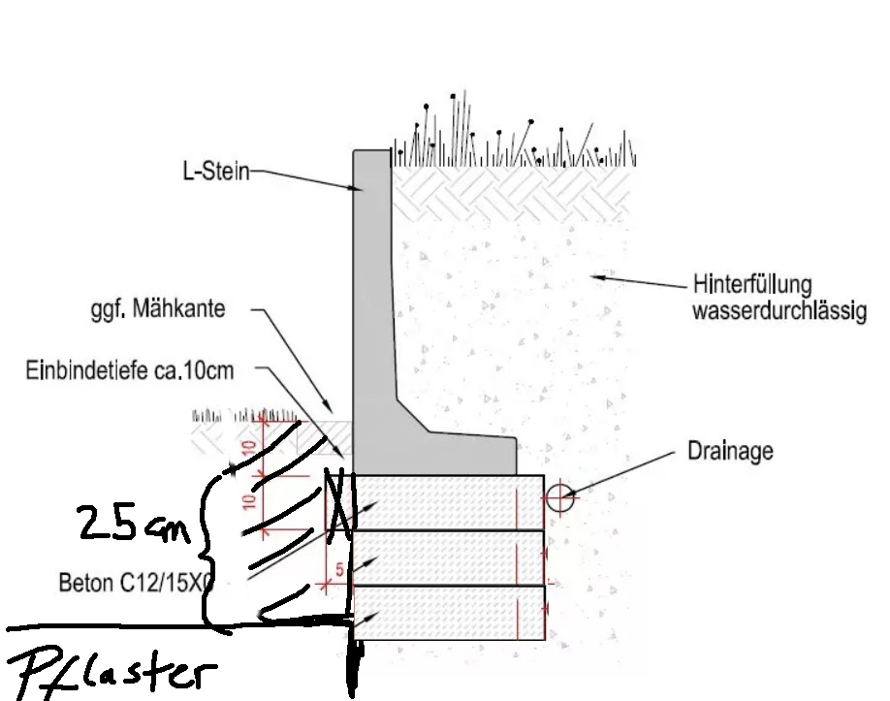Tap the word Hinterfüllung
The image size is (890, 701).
pyautogui.click(x=752, y=287)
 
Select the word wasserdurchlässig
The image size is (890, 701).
pyautogui.click(x=779, y=311)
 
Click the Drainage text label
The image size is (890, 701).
pyautogui.click(x=730, y=451)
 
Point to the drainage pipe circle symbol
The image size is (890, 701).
pyautogui.click(x=558, y=498)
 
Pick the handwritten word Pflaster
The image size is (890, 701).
pyautogui.click(x=111, y=670)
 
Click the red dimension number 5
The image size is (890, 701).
pyautogui.click(x=339, y=570)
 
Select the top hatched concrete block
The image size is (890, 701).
pyautogui.click(x=446, y=501)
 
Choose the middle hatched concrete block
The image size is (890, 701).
pyautogui.click(x=446, y=558)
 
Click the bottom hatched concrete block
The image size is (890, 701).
pyautogui.click(x=446, y=613)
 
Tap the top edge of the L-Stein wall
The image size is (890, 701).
pyautogui.click(x=370, y=151)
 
